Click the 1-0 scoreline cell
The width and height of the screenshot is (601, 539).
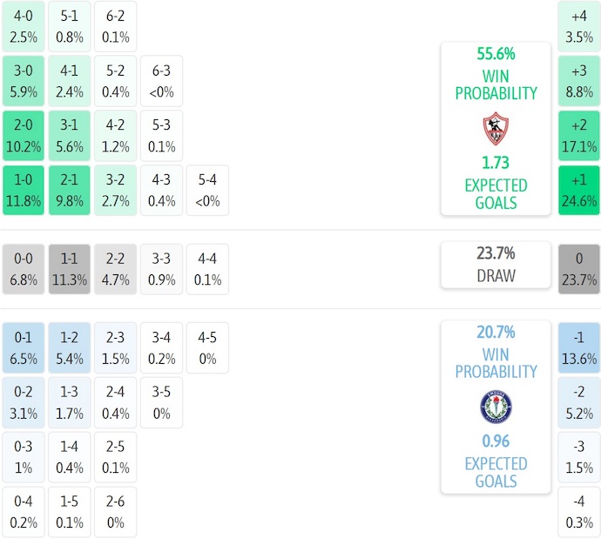tap(23, 190)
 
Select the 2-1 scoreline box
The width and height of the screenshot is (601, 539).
tap(69, 190)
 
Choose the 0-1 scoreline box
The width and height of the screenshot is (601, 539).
tap(23, 347)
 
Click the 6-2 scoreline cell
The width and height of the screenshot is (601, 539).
tap(115, 26)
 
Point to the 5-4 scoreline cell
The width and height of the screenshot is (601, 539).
tap(207, 190)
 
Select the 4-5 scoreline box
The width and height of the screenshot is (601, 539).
tap(207, 347)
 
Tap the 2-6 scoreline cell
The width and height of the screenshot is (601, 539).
tap(115, 512)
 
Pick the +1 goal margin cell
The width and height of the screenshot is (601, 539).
tap(579, 190)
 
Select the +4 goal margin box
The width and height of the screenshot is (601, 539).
tap(579, 26)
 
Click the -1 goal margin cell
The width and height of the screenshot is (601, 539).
tap(579, 347)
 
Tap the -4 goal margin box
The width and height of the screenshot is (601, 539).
tap(579, 512)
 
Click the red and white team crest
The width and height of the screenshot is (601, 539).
tap(495, 129)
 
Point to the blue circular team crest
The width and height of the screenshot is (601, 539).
tap(496, 407)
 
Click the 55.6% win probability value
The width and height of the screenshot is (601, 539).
tap(495, 54)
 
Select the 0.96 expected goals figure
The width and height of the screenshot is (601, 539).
tap(496, 441)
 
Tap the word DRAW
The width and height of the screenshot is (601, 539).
tap(496, 276)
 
